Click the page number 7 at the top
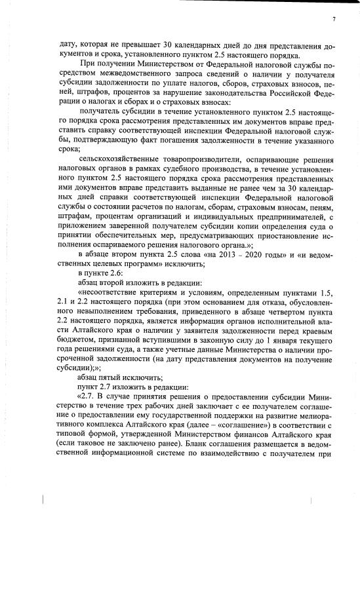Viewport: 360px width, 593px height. [x=333, y=20]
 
